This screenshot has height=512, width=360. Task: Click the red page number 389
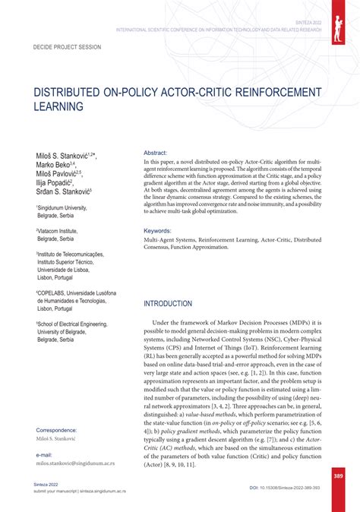pyautogui.click(x=339, y=476)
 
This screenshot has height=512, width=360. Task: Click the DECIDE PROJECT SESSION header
pyautogui.click(x=67, y=46)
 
